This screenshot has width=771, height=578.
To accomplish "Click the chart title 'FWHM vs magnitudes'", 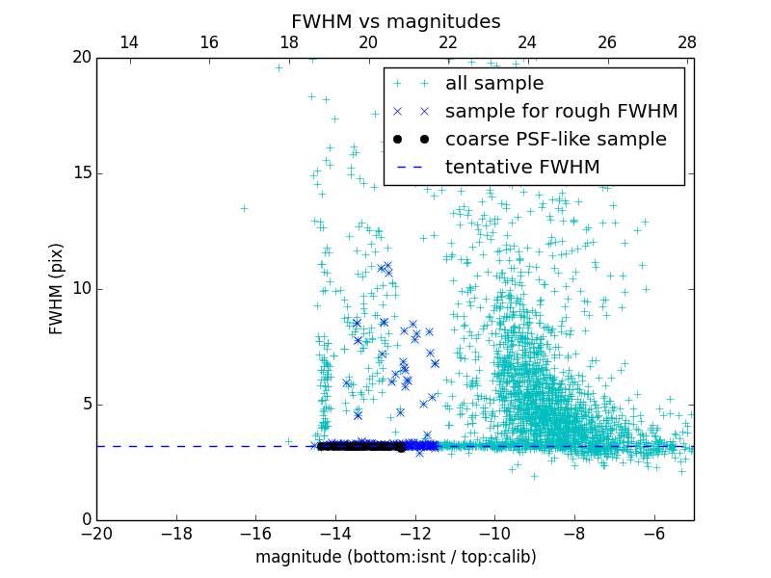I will tap(395, 21).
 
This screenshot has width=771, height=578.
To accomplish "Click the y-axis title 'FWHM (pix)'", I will tap(57, 289).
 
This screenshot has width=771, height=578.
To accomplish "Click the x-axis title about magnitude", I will tap(395, 557).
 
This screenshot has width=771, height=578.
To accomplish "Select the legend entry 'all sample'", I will tap(493, 84).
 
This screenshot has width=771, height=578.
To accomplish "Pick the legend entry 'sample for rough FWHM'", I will tap(561, 112).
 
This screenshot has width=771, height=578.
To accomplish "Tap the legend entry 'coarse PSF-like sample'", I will tap(555, 140).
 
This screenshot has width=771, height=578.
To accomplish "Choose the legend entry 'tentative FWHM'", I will tap(521, 168).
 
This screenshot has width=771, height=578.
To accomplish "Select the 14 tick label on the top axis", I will tap(128, 42).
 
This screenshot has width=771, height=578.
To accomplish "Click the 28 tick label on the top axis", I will tap(686, 42).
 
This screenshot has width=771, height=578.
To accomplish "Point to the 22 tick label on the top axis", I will tap(448, 42).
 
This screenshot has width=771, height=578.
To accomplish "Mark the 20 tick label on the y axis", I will tap(81, 58).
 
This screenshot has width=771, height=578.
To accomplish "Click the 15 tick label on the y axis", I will tap(81, 173).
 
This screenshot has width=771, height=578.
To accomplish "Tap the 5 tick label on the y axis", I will tap(85, 405).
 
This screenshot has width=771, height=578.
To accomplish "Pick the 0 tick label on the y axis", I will tap(85, 520).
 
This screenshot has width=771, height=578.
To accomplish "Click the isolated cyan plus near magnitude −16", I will tap(244, 208).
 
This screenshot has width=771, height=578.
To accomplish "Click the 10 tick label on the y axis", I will tap(81, 289).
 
